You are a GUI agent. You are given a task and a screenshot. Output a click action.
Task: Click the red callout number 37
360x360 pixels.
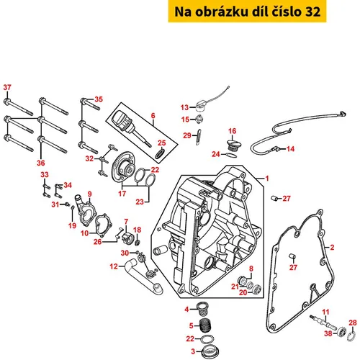7,87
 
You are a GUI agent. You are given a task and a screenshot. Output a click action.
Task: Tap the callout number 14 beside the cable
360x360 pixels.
290,149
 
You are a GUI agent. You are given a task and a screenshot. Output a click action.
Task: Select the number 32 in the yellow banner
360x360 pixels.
312,12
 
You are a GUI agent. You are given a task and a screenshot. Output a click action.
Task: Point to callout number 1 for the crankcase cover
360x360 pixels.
267,179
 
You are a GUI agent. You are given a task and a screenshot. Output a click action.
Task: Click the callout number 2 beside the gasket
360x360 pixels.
332,248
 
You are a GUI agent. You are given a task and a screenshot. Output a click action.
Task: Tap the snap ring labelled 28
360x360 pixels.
351,336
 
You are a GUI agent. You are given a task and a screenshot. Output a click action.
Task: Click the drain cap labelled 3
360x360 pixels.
207,351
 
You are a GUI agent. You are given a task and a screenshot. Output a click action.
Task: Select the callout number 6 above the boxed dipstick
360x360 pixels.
153,116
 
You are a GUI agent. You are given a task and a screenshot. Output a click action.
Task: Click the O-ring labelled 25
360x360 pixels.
160,153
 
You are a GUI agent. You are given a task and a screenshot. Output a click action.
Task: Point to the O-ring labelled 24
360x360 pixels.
231,156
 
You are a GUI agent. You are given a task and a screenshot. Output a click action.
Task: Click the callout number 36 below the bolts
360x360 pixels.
41,163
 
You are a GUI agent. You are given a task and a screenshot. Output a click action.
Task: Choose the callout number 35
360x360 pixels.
99,99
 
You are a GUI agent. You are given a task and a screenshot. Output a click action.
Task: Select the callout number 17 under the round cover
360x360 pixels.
122,194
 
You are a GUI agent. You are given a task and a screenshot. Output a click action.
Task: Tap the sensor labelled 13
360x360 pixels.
200,107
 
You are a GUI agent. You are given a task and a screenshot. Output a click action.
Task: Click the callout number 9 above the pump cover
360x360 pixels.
89,194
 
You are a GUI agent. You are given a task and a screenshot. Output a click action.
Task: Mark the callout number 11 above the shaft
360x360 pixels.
325,312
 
